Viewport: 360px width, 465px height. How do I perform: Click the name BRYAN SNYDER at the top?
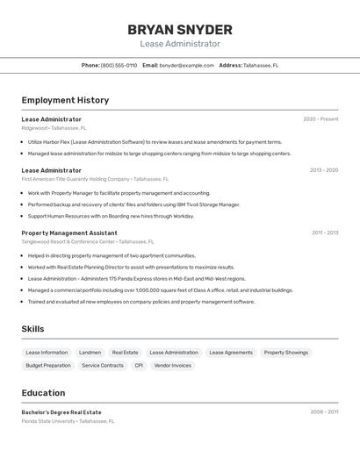point(179,29)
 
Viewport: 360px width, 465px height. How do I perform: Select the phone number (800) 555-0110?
point(119,65)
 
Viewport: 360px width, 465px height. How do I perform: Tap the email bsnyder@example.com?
point(186,65)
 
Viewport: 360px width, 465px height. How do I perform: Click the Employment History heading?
point(65,100)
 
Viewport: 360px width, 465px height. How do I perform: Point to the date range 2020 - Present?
point(320,118)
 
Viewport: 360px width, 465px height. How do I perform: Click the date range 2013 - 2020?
point(323,170)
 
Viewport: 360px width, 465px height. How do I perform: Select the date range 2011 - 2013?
point(324,232)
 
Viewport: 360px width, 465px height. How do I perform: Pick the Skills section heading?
point(33,328)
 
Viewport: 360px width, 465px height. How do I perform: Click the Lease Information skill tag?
point(47,353)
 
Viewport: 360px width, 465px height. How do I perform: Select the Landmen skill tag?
point(90,353)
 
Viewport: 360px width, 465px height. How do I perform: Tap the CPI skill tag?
point(139,365)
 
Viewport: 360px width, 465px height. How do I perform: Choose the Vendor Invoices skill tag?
point(173,365)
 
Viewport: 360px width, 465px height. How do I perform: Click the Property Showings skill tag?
point(286,353)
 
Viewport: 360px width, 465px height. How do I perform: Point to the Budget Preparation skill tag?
point(48,365)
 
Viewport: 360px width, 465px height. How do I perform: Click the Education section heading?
point(43,393)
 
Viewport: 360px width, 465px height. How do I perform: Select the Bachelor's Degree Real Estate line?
point(61,411)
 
